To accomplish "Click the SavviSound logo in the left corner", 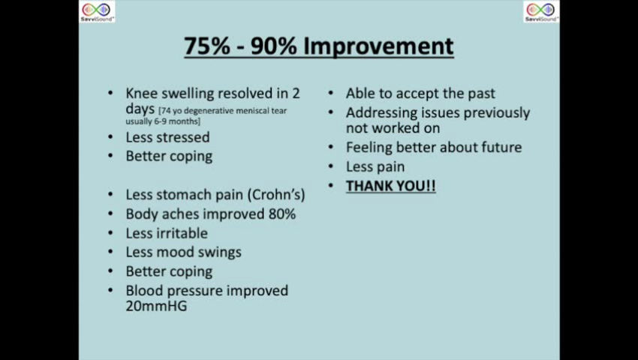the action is pyautogui.click(x=97, y=11).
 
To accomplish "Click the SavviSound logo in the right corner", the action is pyautogui.click(x=541, y=11).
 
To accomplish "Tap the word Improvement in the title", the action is pyautogui.click(x=378, y=46).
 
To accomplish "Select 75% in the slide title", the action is pyautogui.click(x=207, y=46).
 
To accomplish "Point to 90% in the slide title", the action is pyautogui.click(x=273, y=46).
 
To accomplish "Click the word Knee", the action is pyautogui.click(x=142, y=93).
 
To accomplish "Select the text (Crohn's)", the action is pyautogui.click(x=276, y=194).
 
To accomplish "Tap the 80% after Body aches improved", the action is pyautogui.click(x=282, y=214).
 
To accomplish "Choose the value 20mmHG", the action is pyautogui.click(x=156, y=306).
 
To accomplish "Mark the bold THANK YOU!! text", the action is pyautogui.click(x=390, y=186).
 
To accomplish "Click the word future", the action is pyautogui.click(x=501, y=147).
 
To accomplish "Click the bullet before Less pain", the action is pyautogui.click(x=331, y=166).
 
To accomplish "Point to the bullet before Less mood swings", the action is pyautogui.click(x=110, y=252).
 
